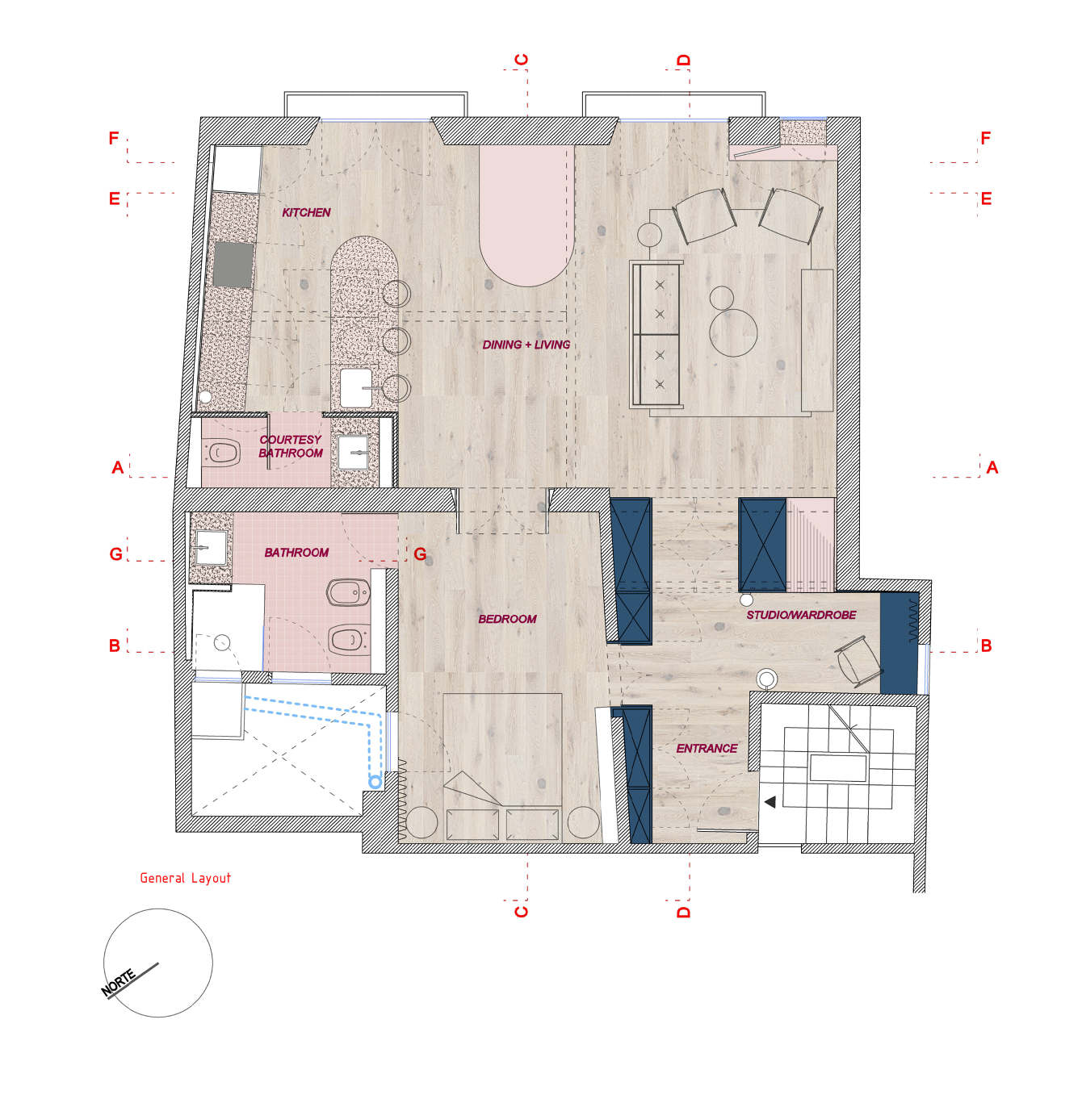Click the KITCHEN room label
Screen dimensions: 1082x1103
click(x=306, y=212)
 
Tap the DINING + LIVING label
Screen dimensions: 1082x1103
click(x=526, y=345)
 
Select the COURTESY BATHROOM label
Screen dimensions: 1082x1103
click(x=291, y=446)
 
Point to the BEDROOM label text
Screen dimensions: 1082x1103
click(x=507, y=619)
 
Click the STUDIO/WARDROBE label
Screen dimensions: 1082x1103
click(x=801, y=615)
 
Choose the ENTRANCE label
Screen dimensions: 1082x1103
click(x=707, y=748)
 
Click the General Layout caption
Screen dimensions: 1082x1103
click(x=185, y=878)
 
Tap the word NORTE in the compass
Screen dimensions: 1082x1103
click(x=119, y=983)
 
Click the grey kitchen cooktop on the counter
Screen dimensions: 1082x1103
click(x=233, y=265)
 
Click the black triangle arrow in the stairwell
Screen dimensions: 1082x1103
click(x=770, y=802)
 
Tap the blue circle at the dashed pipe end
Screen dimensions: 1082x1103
click(x=375, y=781)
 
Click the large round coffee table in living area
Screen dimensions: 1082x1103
click(x=733, y=332)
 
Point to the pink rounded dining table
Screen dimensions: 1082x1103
click(x=526, y=215)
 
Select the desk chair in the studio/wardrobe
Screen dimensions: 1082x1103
click(x=858, y=661)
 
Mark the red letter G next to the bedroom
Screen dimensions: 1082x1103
click(x=420, y=554)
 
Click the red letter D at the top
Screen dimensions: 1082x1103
click(x=683, y=60)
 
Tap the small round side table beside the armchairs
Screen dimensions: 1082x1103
click(x=649, y=235)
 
